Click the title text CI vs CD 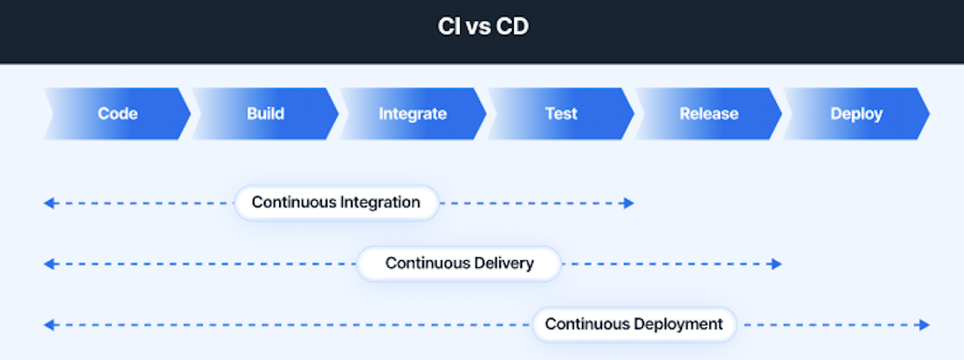(482, 27)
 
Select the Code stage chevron (117, 114)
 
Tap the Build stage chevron (266, 114)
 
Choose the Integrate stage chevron (413, 114)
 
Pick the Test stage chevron (561, 114)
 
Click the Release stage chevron (708, 114)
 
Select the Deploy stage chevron (856, 114)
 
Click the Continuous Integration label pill (336, 203)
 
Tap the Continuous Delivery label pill (459, 264)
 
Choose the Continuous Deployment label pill (634, 325)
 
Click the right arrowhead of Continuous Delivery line (776, 264)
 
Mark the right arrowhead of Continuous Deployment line (924, 325)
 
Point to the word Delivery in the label (504, 264)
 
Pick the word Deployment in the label (680, 325)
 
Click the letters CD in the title (512, 27)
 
